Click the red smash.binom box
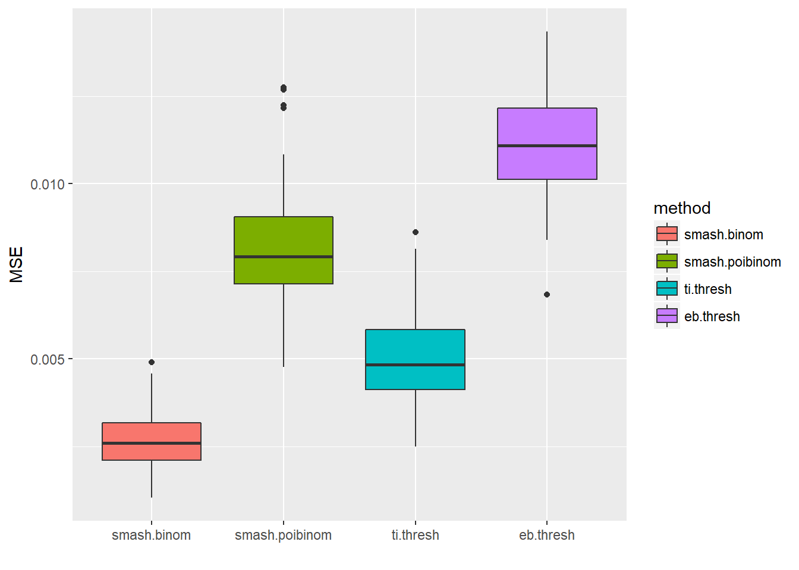tap(152, 441)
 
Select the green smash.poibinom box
tap(284, 250)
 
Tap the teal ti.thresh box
tap(415, 359)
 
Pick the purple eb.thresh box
tap(547, 143)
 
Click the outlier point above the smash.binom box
tap(152, 362)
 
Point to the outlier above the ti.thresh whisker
tap(416, 232)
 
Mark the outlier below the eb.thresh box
tap(547, 294)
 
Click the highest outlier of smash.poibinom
tap(284, 88)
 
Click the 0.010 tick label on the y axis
tap(48, 184)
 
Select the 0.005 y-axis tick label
tap(48, 359)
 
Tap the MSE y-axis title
tap(17, 264)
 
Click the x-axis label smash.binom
tap(151, 535)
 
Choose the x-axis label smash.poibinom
tap(283, 535)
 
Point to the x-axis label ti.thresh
tap(415, 535)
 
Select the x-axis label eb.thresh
tap(547, 535)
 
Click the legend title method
tap(682, 208)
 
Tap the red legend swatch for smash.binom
tap(667, 235)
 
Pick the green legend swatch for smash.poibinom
tap(667, 262)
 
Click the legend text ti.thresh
tap(707, 289)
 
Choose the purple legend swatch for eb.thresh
tap(667, 316)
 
